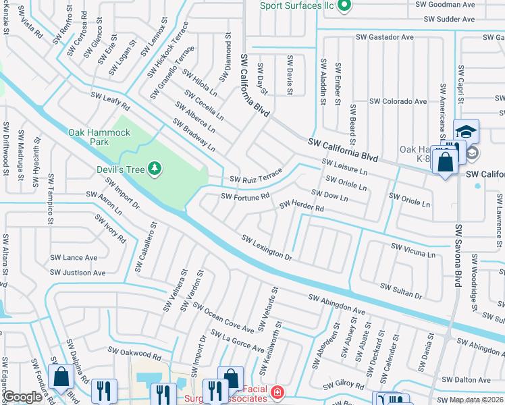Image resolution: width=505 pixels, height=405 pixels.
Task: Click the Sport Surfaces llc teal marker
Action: (x=343, y=6)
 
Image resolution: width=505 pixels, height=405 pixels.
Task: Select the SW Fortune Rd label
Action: (x=246, y=196)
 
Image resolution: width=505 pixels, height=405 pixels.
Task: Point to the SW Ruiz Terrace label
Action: (x=256, y=176)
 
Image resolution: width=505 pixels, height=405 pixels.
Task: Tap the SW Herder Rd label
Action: (x=302, y=206)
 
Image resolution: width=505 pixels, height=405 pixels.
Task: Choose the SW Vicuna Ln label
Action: (x=413, y=250)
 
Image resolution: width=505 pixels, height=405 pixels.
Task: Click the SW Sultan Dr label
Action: (x=401, y=291)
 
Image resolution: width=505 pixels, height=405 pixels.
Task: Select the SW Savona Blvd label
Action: (x=457, y=256)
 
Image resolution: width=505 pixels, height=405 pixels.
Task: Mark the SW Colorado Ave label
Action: (x=398, y=101)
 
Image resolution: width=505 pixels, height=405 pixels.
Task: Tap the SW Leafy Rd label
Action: (x=110, y=103)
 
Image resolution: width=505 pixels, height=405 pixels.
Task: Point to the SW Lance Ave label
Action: (x=74, y=257)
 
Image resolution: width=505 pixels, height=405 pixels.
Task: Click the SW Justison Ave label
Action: (x=78, y=273)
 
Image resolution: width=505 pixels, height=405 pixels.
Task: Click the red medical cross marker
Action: (x=276, y=391)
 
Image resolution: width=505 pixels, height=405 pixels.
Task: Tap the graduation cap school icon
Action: (x=466, y=131)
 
